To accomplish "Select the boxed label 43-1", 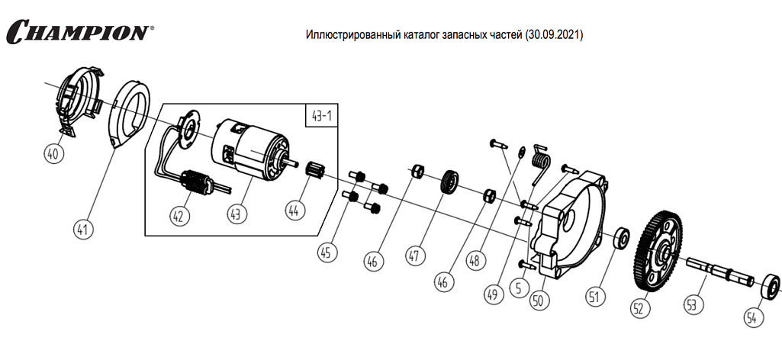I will (x=323, y=116).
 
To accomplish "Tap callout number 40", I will (x=53, y=153).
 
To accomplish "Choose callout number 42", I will (x=179, y=216).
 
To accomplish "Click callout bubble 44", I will (x=294, y=208).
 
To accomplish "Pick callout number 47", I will (x=417, y=255).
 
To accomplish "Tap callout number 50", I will (x=539, y=300).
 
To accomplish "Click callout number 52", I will (x=639, y=307).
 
